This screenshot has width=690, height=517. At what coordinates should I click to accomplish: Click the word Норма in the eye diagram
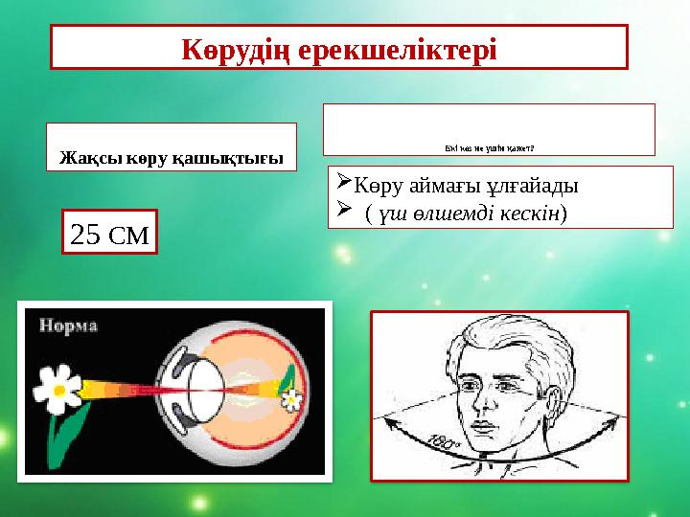point(68,326)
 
